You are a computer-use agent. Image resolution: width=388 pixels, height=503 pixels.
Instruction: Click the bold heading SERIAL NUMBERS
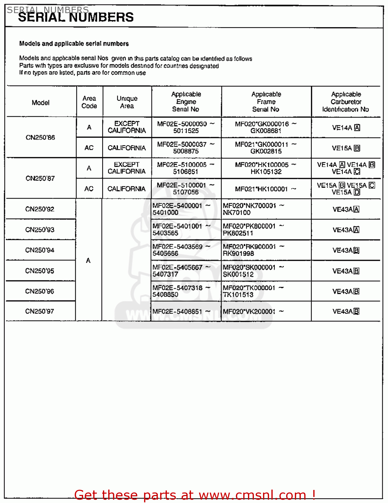coord(76,17)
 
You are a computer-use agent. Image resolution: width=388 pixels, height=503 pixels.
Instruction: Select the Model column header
coord(41,103)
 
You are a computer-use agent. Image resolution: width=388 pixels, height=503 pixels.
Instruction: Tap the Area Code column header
coord(89,102)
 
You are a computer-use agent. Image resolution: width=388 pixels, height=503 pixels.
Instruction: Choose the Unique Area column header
coord(127,102)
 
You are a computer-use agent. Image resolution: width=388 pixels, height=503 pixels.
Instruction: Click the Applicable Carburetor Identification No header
coord(345,102)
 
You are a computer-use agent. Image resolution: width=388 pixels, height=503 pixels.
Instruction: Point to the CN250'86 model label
coord(40,137)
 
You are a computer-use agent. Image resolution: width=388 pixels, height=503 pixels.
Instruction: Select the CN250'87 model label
coord(40,178)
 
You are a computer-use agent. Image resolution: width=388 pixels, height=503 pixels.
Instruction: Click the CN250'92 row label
coord(40,209)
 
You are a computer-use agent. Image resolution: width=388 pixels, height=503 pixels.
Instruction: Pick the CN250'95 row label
coord(40,271)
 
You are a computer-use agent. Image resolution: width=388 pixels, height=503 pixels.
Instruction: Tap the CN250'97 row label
coord(40,312)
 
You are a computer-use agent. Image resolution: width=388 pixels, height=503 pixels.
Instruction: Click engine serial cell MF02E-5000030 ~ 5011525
coord(186,127)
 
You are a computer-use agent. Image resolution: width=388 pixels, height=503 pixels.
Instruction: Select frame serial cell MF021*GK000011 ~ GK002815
coord(266,148)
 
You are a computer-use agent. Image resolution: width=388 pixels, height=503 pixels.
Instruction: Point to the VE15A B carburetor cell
coord(346,148)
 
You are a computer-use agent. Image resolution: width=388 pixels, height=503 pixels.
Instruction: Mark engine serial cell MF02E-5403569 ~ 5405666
coord(181,250)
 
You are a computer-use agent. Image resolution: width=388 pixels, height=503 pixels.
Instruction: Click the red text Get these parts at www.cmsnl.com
coord(195,495)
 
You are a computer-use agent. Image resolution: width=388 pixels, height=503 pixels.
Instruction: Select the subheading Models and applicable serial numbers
coord(74,44)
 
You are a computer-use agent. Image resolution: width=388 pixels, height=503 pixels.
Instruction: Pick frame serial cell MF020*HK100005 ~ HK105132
coord(266,168)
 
